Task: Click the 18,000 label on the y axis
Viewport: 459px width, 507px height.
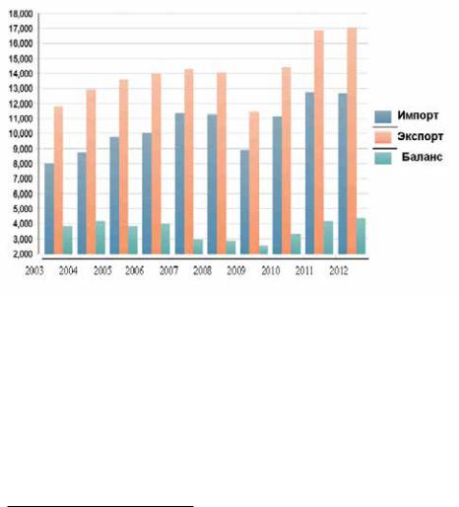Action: (21, 14)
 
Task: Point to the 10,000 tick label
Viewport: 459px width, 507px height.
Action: (21, 134)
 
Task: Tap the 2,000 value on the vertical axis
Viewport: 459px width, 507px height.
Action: (22, 254)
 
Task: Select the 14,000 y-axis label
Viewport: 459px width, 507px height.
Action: (21, 74)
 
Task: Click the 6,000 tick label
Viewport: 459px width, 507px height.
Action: (22, 194)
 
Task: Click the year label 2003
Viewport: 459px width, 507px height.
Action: (34, 270)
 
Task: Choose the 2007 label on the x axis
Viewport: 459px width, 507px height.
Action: (168, 270)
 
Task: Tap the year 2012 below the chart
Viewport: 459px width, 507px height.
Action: (339, 270)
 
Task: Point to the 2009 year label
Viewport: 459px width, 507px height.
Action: (236, 270)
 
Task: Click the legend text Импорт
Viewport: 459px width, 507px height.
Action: (418, 115)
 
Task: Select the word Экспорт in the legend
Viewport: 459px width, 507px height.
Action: (421, 136)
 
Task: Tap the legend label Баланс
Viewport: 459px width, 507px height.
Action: (422, 157)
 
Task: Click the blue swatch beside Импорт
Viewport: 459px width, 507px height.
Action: (383, 116)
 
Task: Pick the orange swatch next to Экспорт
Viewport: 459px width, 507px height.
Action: (383, 137)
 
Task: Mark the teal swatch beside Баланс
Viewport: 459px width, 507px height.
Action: (383, 158)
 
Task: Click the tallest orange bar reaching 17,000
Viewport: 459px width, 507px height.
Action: (352, 141)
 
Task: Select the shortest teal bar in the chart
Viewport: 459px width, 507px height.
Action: (263, 250)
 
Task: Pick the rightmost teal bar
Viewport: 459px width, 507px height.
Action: (361, 236)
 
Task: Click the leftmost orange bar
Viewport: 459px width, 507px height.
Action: (58, 181)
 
